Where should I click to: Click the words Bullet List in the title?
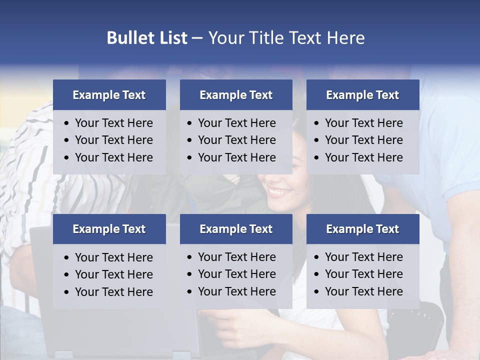147,38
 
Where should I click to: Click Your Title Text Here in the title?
286,38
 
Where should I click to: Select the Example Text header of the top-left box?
109,95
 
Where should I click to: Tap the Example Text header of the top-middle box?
236,95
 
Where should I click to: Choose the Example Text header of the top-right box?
362,95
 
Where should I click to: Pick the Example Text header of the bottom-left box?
109,229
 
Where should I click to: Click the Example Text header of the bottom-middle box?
236,229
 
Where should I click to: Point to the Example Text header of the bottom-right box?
362,229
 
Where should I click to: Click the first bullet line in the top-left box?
113,123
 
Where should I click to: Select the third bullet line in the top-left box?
113,157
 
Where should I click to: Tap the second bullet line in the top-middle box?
236,140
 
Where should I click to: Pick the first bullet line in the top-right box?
363,123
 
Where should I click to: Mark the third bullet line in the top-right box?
363,157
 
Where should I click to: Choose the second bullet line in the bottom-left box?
113,274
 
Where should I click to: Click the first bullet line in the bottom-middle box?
236,257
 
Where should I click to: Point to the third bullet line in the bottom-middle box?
236,291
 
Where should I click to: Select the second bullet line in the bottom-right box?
363,274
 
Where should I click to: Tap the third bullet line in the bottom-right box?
363,291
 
